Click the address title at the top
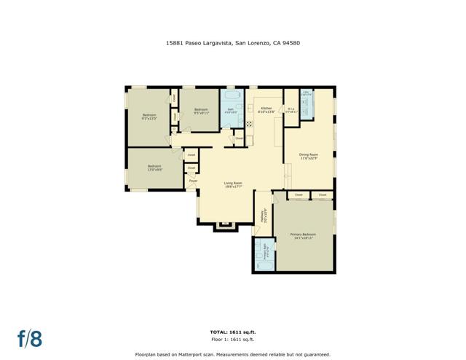tap(233, 42)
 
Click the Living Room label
tap(232, 184)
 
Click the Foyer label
tap(192, 180)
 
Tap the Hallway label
tap(263, 214)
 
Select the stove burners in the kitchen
tap(248, 123)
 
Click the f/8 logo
tap(30, 338)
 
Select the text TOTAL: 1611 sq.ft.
tap(233, 332)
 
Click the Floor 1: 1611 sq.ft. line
tap(233, 340)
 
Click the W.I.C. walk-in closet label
tap(290, 110)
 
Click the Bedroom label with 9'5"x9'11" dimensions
tap(201, 111)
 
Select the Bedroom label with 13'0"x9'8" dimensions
tap(154, 168)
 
